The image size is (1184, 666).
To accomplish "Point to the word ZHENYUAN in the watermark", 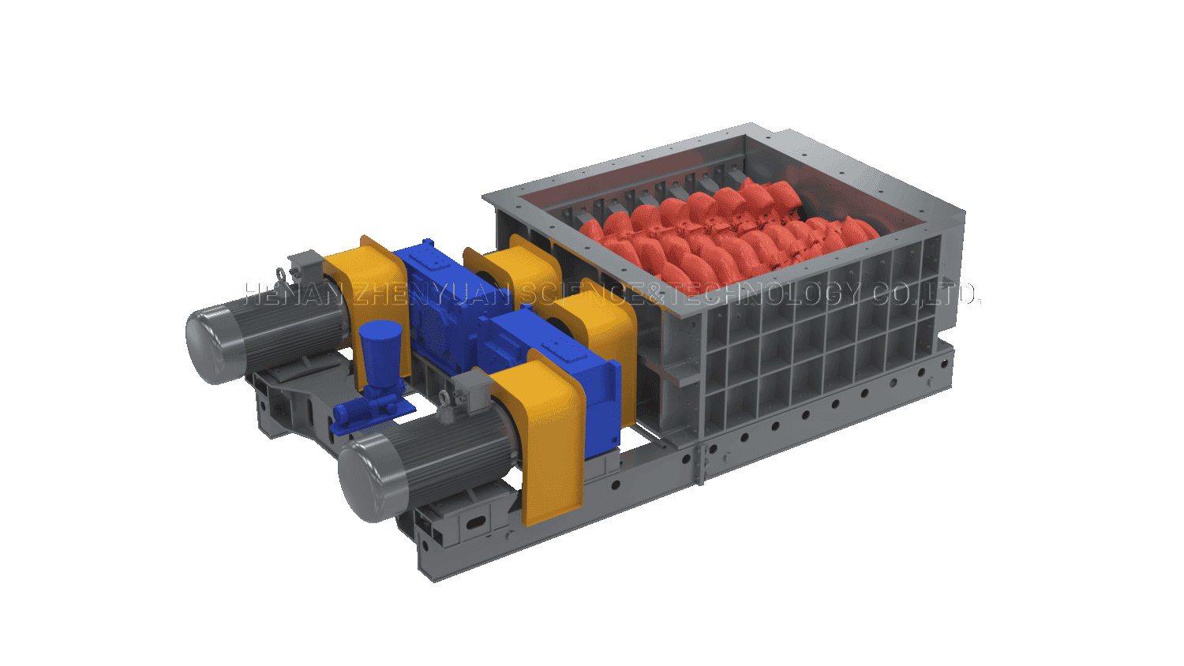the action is (x=432, y=294).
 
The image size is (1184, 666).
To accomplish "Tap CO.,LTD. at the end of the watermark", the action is (x=925, y=294).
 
